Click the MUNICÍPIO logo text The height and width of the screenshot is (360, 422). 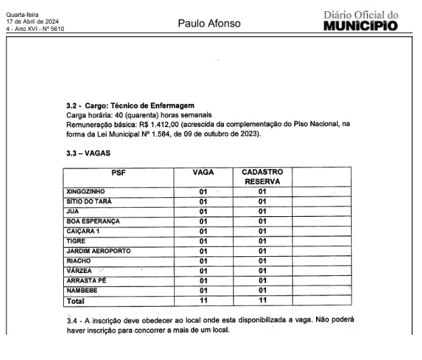pos(360,26)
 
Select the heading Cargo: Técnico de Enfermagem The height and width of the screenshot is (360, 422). pos(129,105)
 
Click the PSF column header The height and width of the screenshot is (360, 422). pos(124,172)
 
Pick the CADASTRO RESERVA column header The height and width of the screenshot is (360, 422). pos(261,176)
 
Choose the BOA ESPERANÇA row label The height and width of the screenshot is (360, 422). pos(93,221)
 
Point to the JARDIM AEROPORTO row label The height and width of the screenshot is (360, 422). pos(98,251)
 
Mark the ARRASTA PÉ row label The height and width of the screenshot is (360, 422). pos(86,280)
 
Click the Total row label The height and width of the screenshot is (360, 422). pos(75,300)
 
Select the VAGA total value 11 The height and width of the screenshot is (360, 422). pos(203,300)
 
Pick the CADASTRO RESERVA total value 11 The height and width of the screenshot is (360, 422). pos(261,300)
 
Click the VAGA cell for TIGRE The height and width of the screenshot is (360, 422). pos(203,241)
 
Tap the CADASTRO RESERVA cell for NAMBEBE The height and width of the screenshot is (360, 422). pos(261,290)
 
